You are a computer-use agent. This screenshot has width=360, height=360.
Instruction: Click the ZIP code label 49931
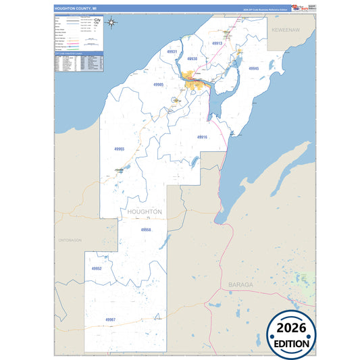(172, 52)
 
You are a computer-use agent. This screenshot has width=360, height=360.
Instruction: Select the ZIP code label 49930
(192, 59)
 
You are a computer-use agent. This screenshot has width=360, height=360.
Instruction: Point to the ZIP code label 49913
(217, 43)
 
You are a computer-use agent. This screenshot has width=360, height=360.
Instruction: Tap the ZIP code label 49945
(254, 68)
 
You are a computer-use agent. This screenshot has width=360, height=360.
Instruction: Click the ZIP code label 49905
(158, 84)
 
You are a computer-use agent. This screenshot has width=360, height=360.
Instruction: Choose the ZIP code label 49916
(202, 137)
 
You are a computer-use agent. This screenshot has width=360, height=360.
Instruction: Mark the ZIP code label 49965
(120, 149)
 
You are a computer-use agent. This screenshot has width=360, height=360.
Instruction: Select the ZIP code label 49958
(146, 230)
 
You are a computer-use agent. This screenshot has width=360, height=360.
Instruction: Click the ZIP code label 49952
(97, 268)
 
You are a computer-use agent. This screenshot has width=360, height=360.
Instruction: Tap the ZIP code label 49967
(111, 319)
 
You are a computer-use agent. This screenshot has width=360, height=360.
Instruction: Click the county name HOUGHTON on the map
(145, 211)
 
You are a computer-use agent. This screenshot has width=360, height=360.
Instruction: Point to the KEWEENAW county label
(290, 32)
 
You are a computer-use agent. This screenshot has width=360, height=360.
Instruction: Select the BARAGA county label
(240, 284)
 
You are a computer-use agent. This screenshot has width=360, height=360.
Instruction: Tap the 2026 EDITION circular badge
(291, 334)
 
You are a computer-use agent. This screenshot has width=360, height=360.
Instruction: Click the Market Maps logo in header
(297, 7)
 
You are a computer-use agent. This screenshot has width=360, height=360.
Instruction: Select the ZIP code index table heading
(78, 53)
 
